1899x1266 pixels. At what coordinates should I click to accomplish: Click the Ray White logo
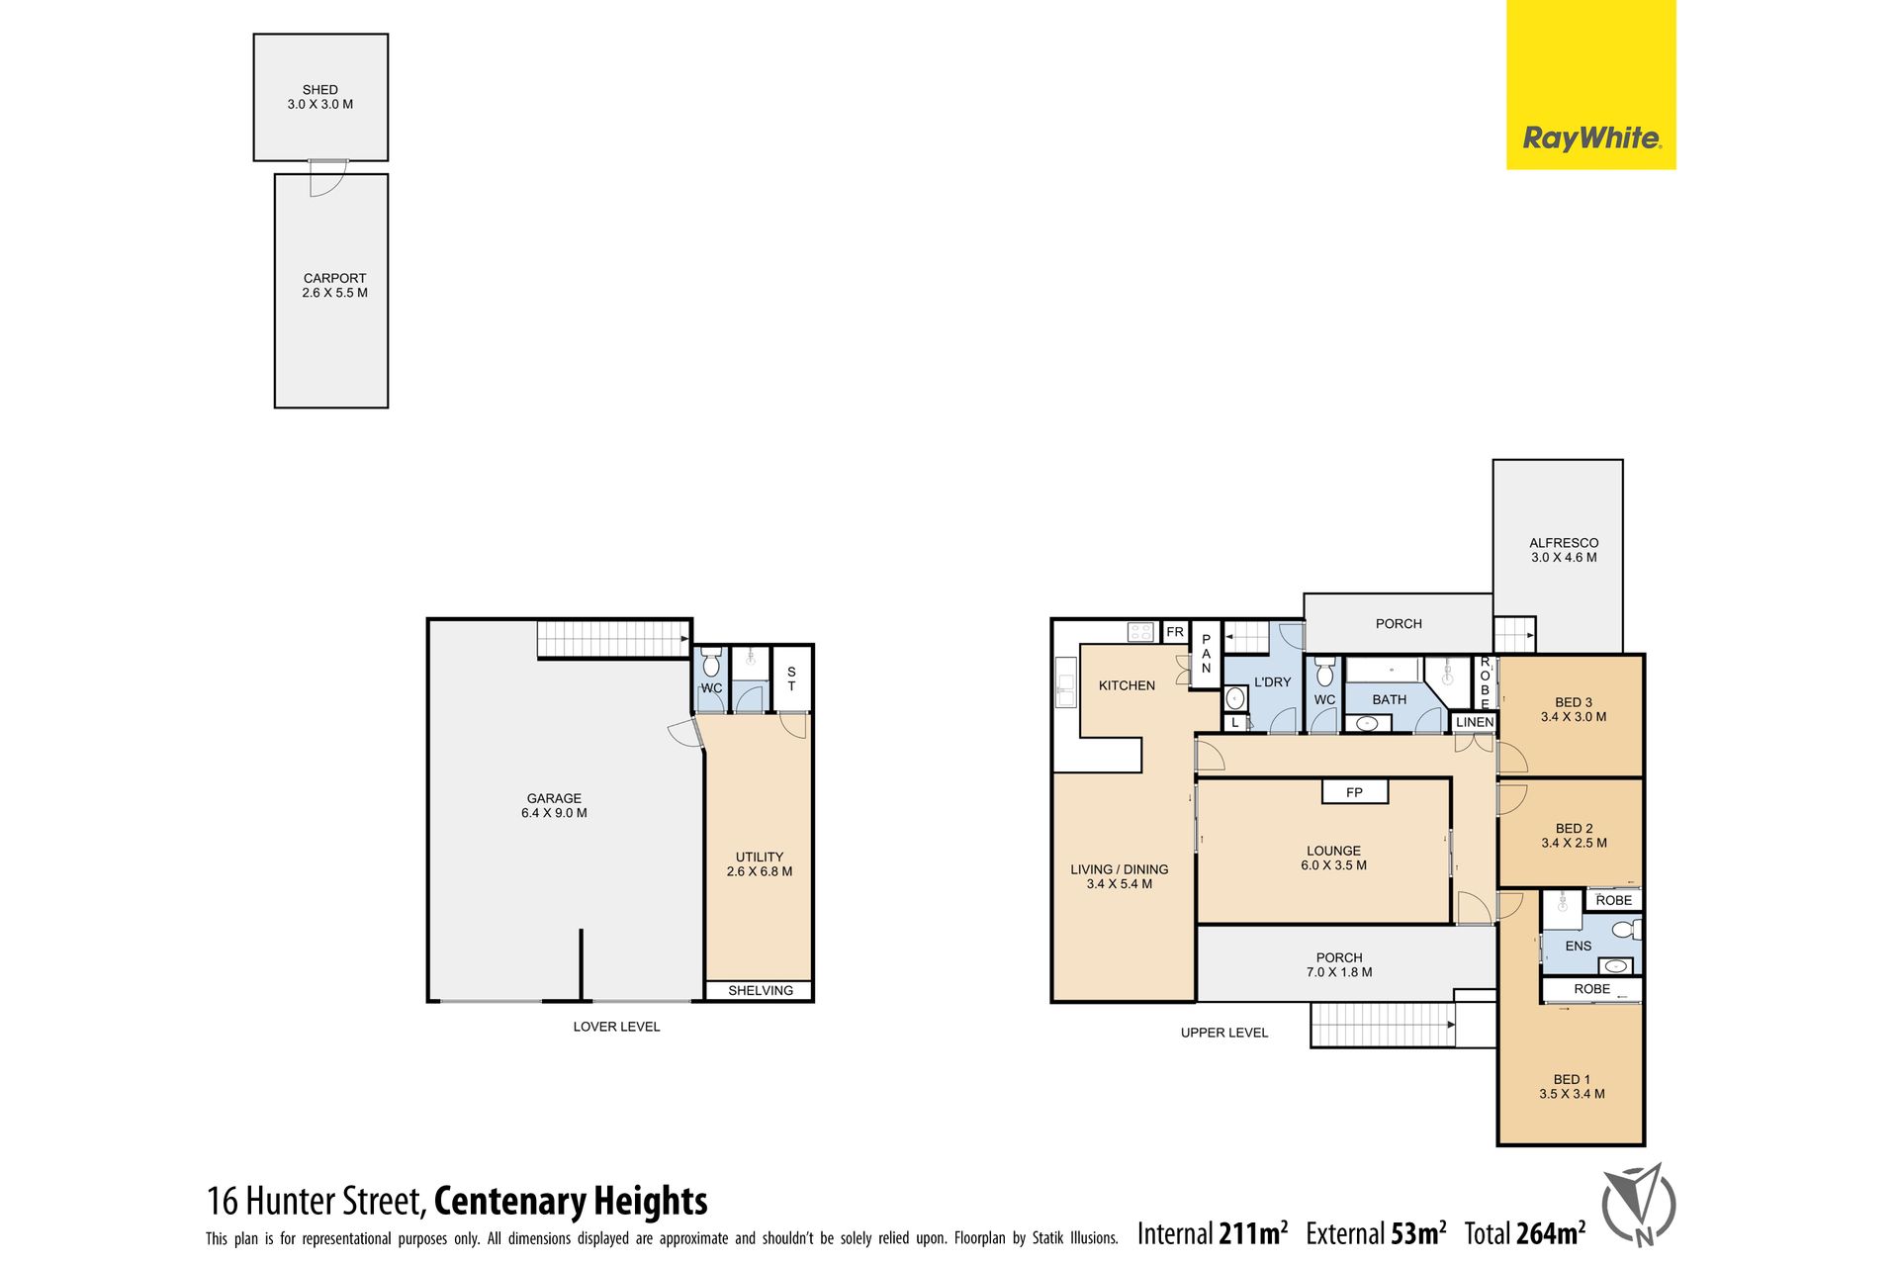coord(1590,85)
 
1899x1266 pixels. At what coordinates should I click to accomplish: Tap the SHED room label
coord(320,97)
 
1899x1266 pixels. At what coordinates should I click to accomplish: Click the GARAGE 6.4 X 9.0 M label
coord(554,806)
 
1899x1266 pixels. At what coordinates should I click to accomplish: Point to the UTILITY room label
coord(760,864)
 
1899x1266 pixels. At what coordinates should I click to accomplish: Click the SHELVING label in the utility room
coord(761,991)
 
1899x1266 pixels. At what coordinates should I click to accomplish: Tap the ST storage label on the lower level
coord(791,678)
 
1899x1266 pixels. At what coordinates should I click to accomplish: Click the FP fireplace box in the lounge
coord(1355,791)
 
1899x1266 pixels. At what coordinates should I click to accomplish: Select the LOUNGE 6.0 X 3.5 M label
coord(1333,858)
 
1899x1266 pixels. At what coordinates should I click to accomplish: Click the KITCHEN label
coord(1127,685)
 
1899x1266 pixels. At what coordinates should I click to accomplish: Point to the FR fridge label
coord(1175,632)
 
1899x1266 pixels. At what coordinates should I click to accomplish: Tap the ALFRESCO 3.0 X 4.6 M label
coord(1564,550)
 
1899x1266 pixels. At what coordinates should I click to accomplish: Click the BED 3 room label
coord(1574,710)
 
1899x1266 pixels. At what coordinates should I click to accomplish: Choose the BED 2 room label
coord(1574,836)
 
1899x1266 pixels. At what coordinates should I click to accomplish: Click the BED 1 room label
coord(1572,1087)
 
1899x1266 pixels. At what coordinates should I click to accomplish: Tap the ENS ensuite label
coord(1579,947)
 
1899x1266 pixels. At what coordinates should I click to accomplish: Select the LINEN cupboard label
coord(1475,723)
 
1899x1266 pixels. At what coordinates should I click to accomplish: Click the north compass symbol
coord(1639,1205)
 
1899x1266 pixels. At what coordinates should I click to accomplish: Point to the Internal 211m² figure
coord(1213,1233)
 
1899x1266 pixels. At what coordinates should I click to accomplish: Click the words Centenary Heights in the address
coord(571,1201)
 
